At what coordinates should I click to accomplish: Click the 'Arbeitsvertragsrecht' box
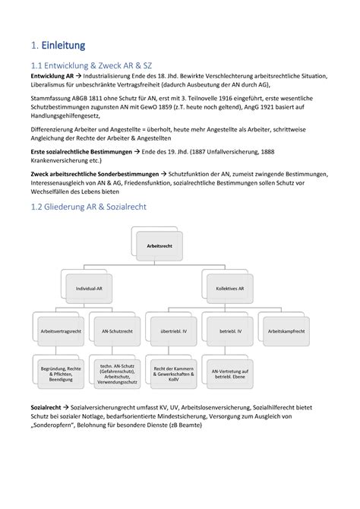pos(61,331)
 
